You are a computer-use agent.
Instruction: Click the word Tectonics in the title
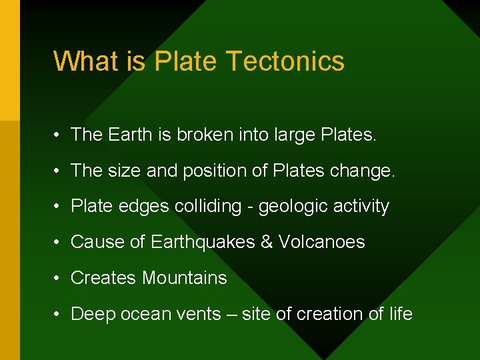click(285, 61)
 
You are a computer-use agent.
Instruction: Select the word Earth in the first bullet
click(130, 135)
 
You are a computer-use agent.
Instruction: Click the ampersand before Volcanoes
click(267, 242)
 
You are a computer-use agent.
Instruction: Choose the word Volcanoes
click(321, 242)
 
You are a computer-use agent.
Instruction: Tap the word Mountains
click(185, 278)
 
